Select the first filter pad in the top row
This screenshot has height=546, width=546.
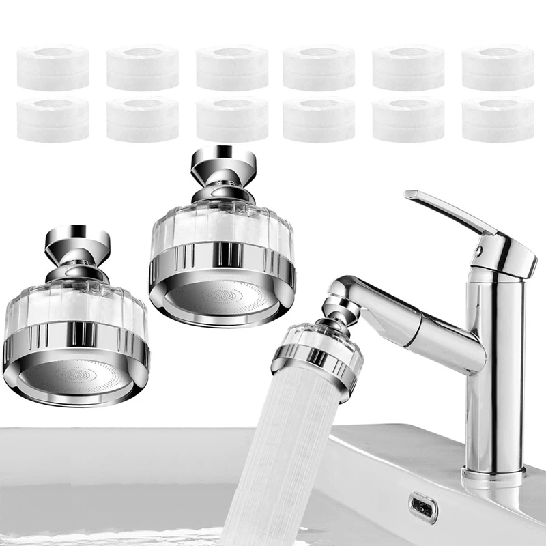click(x=53, y=68)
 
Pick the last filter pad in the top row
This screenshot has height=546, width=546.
click(x=498, y=68)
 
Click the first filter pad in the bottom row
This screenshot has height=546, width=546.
click(x=53, y=119)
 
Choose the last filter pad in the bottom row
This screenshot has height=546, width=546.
click(x=498, y=119)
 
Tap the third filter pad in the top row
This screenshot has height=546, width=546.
click(x=231, y=68)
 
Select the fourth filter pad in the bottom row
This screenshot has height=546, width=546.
click(x=319, y=119)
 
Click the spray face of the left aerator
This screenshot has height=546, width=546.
click(x=75, y=376)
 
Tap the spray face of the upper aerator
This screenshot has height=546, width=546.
click(x=222, y=296)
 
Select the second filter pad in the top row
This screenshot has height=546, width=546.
click(x=142, y=68)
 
